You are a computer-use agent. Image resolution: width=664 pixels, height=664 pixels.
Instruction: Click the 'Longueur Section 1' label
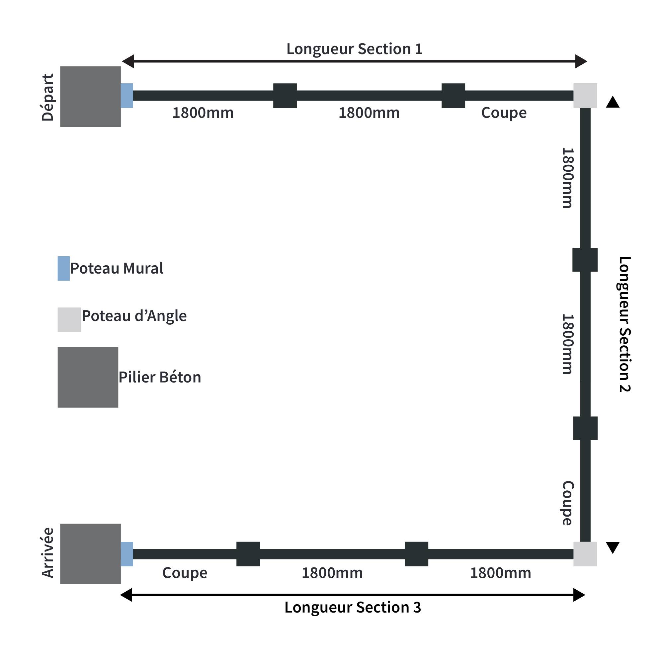coord(354,49)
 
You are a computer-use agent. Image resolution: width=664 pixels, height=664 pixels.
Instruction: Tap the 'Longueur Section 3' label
coord(353,617)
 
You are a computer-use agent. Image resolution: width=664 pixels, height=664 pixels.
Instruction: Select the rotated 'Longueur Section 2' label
coord(624,324)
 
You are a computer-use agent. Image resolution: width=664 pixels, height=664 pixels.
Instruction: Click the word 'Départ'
coord(48,97)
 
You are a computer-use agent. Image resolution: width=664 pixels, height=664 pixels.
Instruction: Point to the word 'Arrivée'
coord(48,553)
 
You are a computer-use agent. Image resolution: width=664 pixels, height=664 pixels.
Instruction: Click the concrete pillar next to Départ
coord(90,97)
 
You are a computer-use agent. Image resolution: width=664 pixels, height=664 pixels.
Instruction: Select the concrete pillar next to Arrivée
coord(90,554)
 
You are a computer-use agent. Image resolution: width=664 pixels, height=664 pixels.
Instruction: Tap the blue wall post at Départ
coord(127,96)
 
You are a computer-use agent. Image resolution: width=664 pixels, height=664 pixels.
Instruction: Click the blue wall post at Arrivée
coord(127,554)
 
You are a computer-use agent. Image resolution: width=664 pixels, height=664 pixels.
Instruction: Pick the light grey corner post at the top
coord(585,96)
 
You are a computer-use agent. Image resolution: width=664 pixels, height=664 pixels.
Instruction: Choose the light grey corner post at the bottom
coord(585,554)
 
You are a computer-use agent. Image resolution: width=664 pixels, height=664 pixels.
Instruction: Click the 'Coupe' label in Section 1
coord(504,113)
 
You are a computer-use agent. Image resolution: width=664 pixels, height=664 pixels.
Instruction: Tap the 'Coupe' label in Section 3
coord(185,573)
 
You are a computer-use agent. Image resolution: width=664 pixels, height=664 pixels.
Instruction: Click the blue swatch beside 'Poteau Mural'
coord(64,268)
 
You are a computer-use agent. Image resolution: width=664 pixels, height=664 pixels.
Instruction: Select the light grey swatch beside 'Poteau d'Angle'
coord(69,319)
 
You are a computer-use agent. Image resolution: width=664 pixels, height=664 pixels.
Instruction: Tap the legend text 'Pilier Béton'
coord(159,377)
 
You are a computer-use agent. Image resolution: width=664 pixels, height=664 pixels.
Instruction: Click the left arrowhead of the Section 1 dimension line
coord(128,61)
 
